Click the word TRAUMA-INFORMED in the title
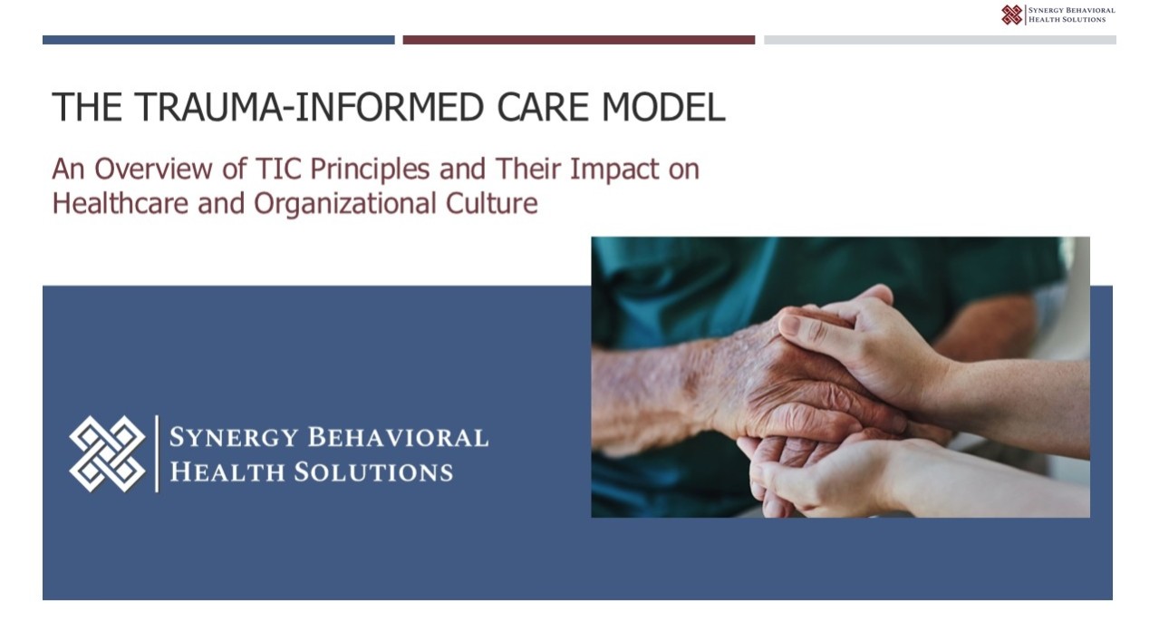pyautogui.click(x=309, y=107)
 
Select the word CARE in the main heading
pyautogui.click(x=543, y=107)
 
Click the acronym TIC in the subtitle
pyautogui.click(x=278, y=169)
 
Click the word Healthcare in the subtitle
pyautogui.click(x=120, y=203)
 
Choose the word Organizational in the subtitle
pyautogui.click(x=344, y=204)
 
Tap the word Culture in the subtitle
pyautogui.click(x=491, y=203)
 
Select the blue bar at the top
pyautogui.click(x=218, y=40)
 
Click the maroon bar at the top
pyautogui.click(x=579, y=40)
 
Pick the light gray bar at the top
pyautogui.click(x=940, y=40)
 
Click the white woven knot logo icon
pyautogui.click(x=108, y=453)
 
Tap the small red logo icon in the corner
pyautogui.click(x=1012, y=15)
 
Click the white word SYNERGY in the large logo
pyautogui.click(x=234, y=438)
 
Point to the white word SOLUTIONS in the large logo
pyautogui.click(x=373, y=472)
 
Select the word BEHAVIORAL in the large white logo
pyautogui.click(x=398, y=436)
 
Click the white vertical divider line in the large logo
pyautogui.click(x=157, y=453)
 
